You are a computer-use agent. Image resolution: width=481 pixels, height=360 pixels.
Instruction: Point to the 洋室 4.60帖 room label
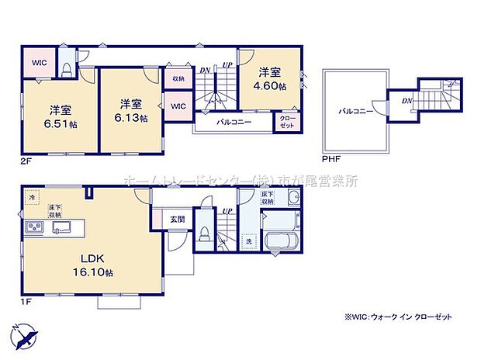pyautogui.click(x=267, y=71)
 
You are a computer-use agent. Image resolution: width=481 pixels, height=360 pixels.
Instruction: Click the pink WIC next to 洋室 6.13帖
pyautogui.click(x=178, y=106)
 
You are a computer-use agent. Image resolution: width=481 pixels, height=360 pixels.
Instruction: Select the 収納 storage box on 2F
pyautogui.click(x=178, y=78)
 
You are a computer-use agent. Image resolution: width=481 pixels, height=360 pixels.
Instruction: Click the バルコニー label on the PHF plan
pyautogui.click(x=355, y=111)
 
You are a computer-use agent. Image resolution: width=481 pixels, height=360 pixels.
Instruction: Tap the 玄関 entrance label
pyautogui.click(x=177, y=220)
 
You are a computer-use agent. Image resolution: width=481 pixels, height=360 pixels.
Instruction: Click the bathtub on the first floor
pyautogui.click(x=283, y=241)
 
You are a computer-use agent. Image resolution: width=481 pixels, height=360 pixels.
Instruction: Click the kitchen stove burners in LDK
pyautogui.click(x=36, y=227)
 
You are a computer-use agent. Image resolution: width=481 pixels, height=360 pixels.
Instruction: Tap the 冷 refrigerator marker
pyautogui.click(x=33, y=198)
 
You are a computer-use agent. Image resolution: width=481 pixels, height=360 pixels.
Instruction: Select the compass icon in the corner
pyautogui.click(x=24, y=336)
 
